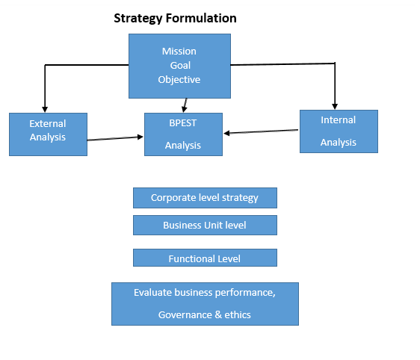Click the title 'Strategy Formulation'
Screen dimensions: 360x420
[175, 17]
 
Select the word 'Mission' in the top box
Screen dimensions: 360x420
[179, 52]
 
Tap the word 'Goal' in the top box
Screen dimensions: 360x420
[179, 66]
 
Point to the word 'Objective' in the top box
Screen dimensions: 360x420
[179, 80]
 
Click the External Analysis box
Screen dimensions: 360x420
[48, 134]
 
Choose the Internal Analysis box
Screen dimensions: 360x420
[339, 131]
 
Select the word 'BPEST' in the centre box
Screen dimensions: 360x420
[183, 123]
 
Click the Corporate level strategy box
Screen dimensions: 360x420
[205, 198]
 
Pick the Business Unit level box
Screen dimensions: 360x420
[205, 225]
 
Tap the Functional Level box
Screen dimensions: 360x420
[205, 258]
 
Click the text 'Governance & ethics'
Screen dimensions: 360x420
[205, 314]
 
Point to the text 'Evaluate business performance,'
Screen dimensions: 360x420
[205, 293]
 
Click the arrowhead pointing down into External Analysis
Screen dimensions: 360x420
[45, 109]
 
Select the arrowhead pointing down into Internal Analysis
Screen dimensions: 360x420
[335, 106]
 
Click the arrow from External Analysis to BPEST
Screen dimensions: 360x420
[116, 138]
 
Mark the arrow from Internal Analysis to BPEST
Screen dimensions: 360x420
[262, 132]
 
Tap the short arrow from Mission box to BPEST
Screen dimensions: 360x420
[185, 105]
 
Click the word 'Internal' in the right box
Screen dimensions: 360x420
[339, 120]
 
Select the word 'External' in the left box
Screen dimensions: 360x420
[48, 123]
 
